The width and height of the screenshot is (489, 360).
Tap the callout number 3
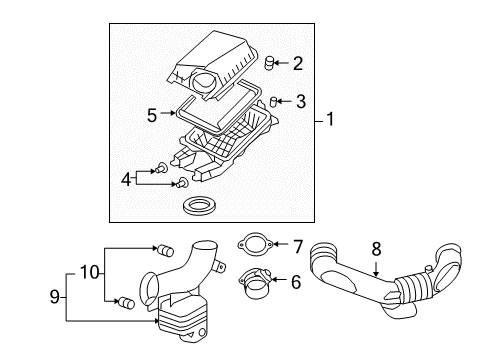click(x=299, y=100)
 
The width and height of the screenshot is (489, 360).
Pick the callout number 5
click(x=152, y=116)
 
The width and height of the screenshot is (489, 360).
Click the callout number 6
click(x=296, y=283)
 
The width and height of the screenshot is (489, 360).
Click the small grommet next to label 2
click(x=269, y=64)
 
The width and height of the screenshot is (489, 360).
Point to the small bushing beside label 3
click(x=274, y=101)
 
